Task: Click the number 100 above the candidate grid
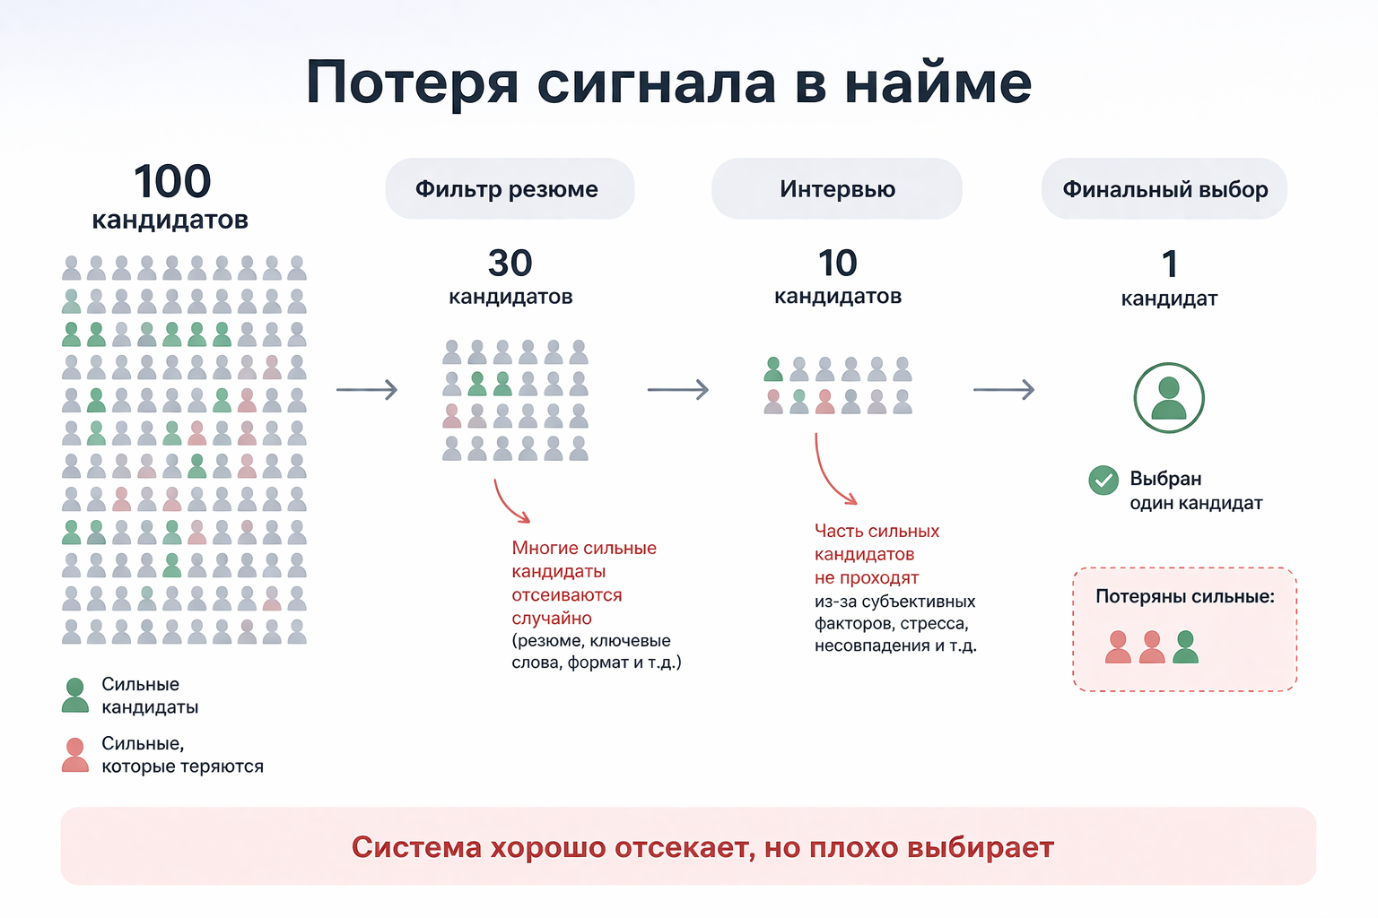tap(172, 182)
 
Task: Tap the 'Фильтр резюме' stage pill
tap(510, 189)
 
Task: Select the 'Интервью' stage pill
tap(836, 189)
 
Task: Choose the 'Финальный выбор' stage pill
tap(1164, 189)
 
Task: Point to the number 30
tap(510, 264)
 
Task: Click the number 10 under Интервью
tap(837, 264)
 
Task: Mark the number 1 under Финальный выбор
tap(1169, 264)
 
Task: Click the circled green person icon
tap(1168, 398)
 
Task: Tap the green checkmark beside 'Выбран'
tap(1103, 481)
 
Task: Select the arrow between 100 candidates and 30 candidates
tap(367, 390)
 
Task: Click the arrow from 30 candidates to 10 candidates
tap(678, 390)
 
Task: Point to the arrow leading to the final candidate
tap(1004, 390)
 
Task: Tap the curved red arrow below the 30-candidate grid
tap(510, 503)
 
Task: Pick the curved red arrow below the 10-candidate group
tap(833, 472)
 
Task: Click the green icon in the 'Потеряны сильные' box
tap(1185, 647)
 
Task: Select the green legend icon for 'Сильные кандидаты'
tap(75, 696)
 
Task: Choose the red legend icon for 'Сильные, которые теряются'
tap(75, 755)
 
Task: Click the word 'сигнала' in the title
tap(656, 83)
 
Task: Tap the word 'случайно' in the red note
tap(552, 619)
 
